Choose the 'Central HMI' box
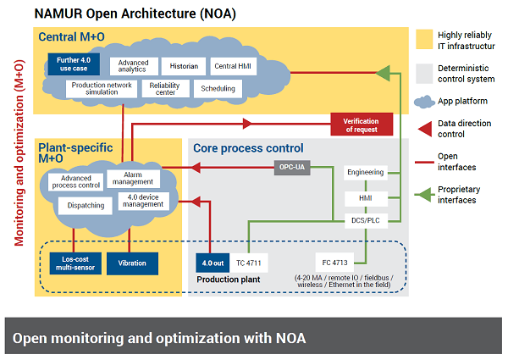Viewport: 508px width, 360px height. (230, 64)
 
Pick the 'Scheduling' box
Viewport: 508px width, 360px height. (218, 89)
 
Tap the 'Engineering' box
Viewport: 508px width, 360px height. (365, 172)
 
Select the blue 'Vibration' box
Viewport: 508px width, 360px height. (132, 263)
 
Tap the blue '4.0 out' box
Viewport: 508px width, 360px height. (210, 263)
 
